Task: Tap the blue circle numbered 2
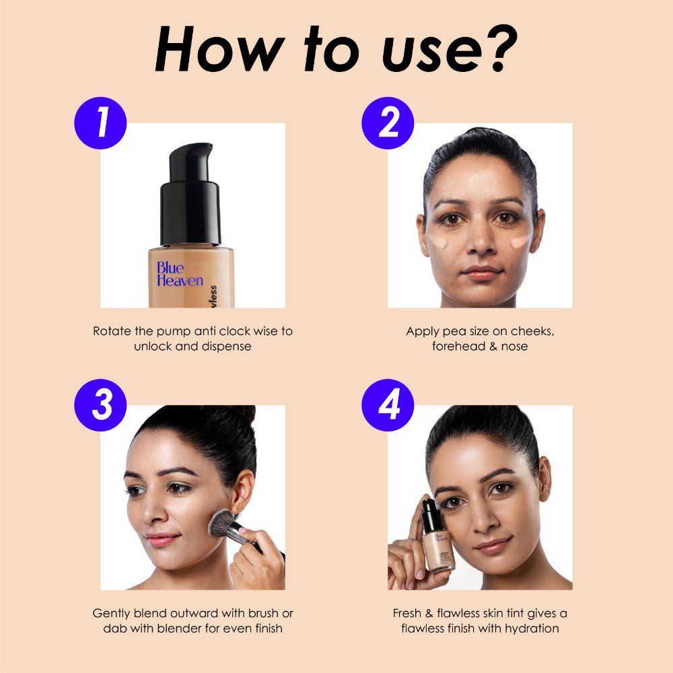coord(388,124)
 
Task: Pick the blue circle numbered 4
coord(388,406)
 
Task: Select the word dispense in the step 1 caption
coord(225,347)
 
